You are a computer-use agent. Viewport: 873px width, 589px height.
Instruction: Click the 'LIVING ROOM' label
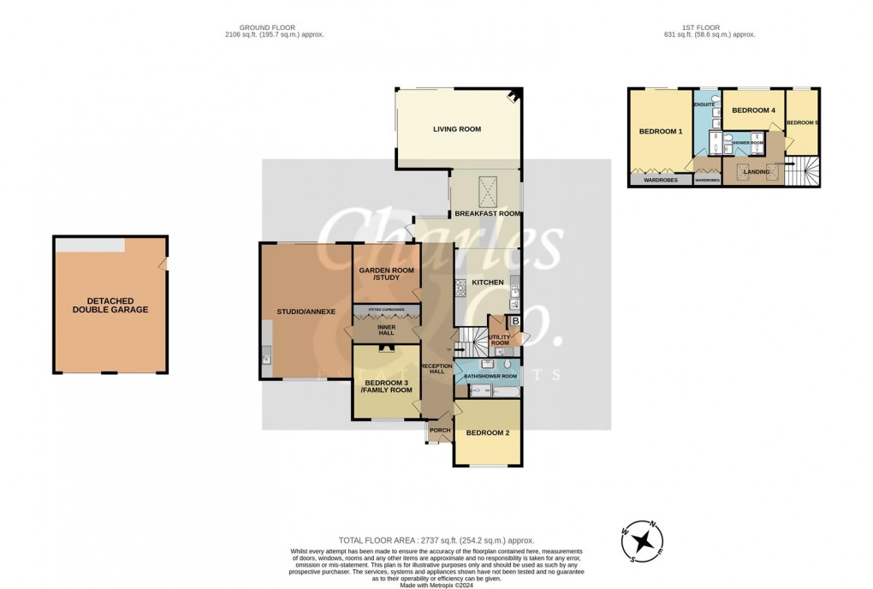[x=456, y=130]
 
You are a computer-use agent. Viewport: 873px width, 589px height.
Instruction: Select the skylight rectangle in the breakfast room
[x=485, y=186]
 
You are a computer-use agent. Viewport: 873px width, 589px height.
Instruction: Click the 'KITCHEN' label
[x=484, y=282]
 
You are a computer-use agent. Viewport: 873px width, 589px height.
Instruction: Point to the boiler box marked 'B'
[x=515, y=322]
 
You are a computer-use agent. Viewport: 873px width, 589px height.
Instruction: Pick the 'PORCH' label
[x=440, y=430]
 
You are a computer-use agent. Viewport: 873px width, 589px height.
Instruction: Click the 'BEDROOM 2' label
[x=488, y=433]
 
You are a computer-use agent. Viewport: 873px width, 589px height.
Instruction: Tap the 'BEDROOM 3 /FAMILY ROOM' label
[x=385, y=385]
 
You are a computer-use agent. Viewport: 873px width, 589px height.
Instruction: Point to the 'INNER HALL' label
[x=386, y=330]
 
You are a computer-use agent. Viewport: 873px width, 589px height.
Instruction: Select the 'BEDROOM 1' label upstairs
[x=662, y=132]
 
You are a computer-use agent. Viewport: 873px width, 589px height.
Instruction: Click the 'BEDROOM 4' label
[x=754, y=110]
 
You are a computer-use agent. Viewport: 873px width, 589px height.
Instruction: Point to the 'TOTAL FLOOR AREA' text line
[x=436, y=541]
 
